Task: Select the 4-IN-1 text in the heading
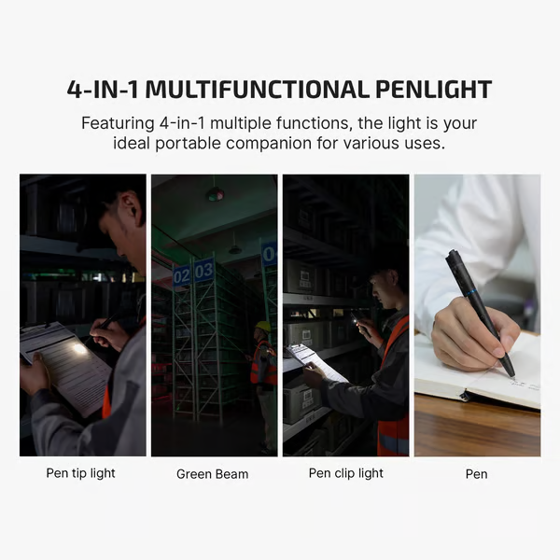pyautogui.click(x=103, y=90)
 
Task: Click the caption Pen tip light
pyautogui.click(x=81, y=473)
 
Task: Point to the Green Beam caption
pyautogui.click(x=213, y=474)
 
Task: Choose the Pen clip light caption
pyautogui.click(x=346, y=473)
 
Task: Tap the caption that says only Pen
pyautogui.click(x=476, y=474)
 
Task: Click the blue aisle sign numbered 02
pyautogui.click(x=182, y=275)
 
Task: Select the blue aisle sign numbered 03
pyautogui.click(x=203, y=272)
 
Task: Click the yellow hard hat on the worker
pyautogui.click(x=263, y=327)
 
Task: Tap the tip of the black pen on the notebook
pyautogui.click(x=511, y=374)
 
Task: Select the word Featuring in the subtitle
pyautogui.click(x=118, y=122)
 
